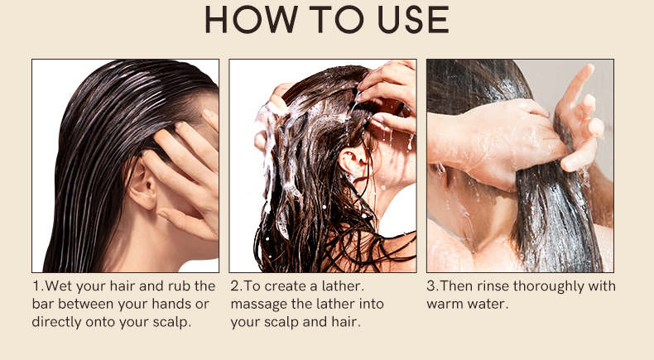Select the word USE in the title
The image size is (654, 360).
(x=413, y=20)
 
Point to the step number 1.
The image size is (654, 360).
(x=36, y=286)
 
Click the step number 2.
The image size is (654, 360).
(x=235, y=286)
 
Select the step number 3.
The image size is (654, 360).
(x=431, y=286)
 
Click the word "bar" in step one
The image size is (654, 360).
(x=42, y=304)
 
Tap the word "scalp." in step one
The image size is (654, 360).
(x=172, y=322)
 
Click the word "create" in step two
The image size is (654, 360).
(x=285, y=286)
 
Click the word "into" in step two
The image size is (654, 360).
(x=371, y=304)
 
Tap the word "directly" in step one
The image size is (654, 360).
(x=57, y=322)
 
